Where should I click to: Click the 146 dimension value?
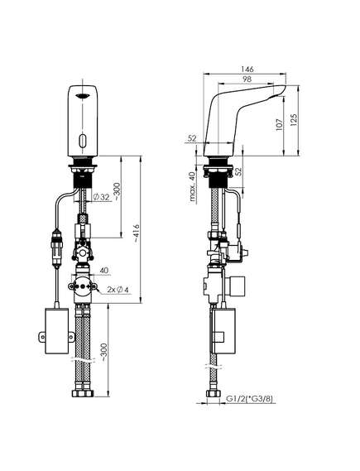click(x=247, y=69)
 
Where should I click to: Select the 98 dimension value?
click(x=247, y=79)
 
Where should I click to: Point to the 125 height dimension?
click(x=294, y=119)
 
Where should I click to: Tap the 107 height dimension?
click(x=279, y=124)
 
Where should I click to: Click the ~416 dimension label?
click(x=137, y=233)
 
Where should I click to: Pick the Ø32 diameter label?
click(x=101, y=197)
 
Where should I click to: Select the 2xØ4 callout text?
click(x=118, y=290)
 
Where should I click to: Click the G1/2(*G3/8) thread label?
click(x=250, y=399)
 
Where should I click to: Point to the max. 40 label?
click(x=193, y=186)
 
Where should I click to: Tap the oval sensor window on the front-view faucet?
click(x=83, y=140)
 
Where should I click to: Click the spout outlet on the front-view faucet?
click(x=83, y=95)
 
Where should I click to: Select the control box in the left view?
click(x=57, y=330)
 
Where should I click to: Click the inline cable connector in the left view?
click(x=57, y=247)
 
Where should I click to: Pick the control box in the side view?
click(x=224, y=330)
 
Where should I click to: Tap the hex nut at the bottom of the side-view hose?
click(x=214, y=393)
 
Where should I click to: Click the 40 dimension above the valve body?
click(x=104, y=271)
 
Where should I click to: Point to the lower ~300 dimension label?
click(x=104, y=352)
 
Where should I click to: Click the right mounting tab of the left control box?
click(x=71, y=336)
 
